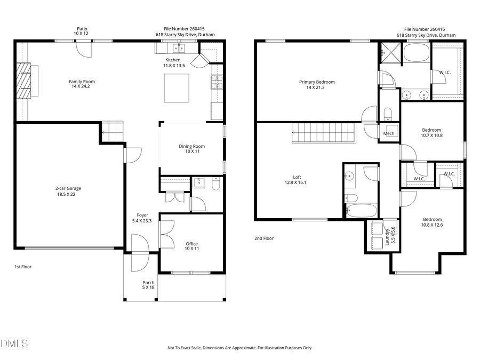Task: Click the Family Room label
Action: click(82, 82)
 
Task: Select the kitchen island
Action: click(177, 88)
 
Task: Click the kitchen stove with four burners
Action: click(217, 82)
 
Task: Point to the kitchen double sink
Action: click(178, 49)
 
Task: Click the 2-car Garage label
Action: click(68, 188)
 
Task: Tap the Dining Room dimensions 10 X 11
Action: click(191, 152)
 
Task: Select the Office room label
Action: click(191, 244)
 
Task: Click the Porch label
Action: click(148, 283)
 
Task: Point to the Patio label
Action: click(82, 29)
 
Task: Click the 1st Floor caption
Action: click(22, 266)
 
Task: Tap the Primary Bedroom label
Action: click(317, 82)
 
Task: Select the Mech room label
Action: click(389, 133)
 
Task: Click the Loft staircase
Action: click(323, 133)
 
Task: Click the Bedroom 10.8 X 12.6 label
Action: click(432, 219)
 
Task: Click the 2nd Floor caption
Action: click(263, 238)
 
